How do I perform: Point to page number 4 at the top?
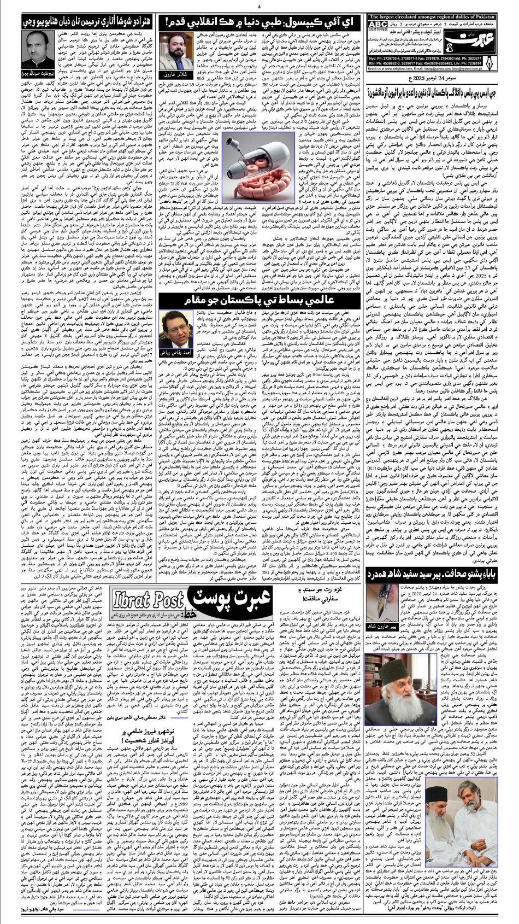259,7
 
